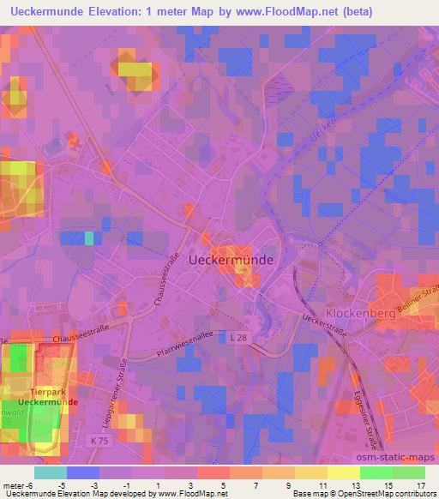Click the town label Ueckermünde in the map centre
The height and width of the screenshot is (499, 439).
coord(231,259)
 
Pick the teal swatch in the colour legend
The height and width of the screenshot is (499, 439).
coord(51,472)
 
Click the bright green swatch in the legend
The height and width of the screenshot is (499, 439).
coord(376,472)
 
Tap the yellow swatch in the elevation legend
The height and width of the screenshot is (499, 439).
coord(344,472)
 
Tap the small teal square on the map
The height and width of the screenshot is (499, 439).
coord(88,237)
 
